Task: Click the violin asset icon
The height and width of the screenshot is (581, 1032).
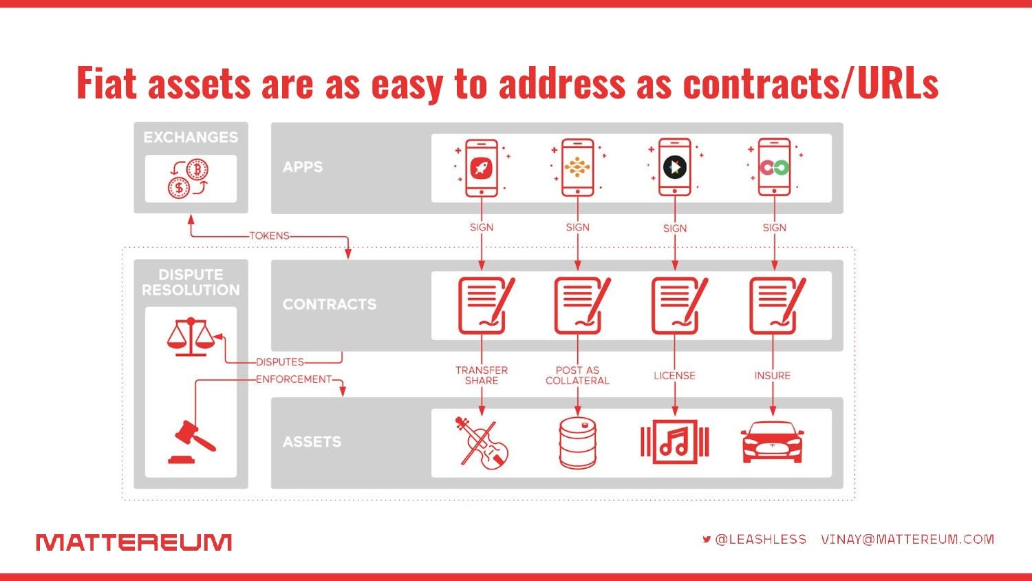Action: click(482, 443)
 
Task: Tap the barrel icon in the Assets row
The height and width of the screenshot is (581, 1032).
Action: click(578, 443)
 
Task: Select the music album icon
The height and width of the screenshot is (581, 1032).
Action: click(674, 442)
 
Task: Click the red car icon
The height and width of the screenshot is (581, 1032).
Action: click(772, 442)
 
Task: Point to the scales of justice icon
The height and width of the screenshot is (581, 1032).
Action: click(191, 337)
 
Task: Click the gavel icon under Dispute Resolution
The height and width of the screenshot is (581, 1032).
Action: click(191, 441)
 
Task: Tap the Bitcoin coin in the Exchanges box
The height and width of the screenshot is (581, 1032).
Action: click(197, 170)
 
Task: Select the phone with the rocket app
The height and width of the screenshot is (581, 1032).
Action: click(482, 168)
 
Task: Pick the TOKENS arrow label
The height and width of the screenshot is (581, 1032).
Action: click(270, 235)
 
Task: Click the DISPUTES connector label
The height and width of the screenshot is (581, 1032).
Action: click(279, 362)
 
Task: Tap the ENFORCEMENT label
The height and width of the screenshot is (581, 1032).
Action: click(294, 379)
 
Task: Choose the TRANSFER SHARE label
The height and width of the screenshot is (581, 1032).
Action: click(482, 375)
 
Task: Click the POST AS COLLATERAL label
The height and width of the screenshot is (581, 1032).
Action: click(578, 375)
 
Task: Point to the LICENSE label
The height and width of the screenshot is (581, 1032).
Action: click(674, 375)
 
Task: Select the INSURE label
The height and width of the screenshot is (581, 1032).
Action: click(773, 375)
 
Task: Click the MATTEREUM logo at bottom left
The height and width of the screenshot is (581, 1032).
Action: click(133, 542)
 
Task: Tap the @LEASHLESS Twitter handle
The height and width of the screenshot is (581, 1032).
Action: click(761, 540)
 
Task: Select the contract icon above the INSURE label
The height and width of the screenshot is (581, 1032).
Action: click(777, 305)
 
